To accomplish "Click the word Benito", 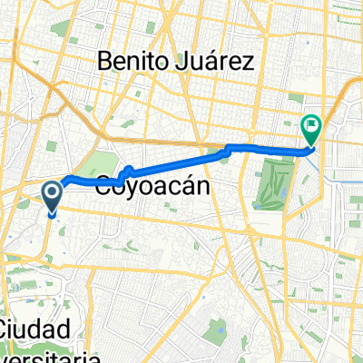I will [x=137, y=63].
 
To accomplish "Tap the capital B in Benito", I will [x=105, y=63].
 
